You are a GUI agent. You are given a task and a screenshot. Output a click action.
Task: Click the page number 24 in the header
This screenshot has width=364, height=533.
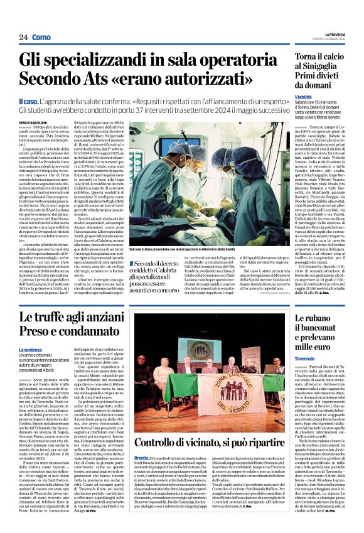pyautogui.click(x=24, y=37)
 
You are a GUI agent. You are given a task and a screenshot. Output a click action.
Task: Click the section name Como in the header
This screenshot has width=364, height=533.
pyautogui.click(x=41, y=37)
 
